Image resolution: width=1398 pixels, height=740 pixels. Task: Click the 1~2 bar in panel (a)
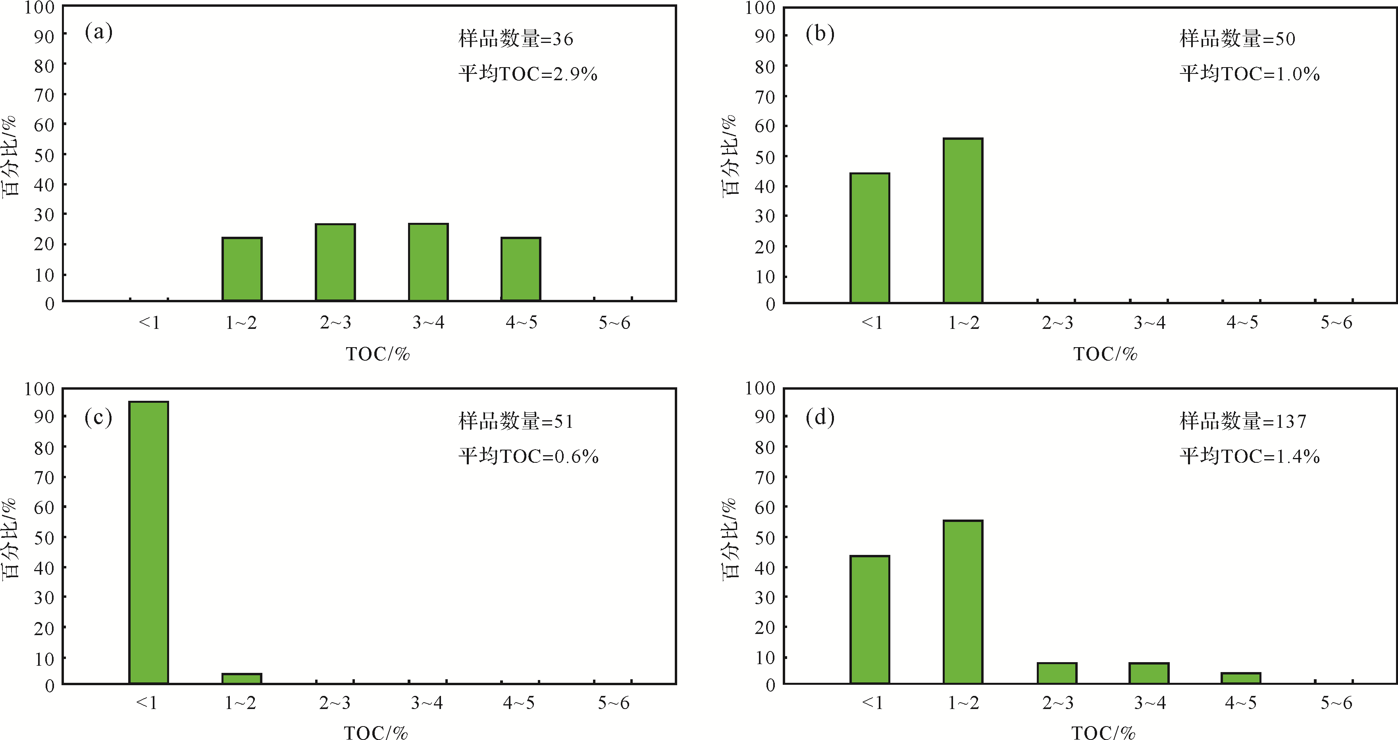[x=242, y=269]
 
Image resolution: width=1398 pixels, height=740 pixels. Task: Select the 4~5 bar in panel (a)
[x=520, y=269]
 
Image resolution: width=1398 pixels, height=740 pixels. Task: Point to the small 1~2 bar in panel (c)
[x=242, y=678]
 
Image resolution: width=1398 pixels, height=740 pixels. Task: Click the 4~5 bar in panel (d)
[x=1241, y=678]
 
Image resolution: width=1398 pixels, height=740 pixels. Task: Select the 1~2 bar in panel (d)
[x=963, y=601]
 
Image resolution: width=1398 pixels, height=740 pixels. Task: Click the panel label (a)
[x=99, y=33]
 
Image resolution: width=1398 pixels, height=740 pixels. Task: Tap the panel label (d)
[x=820, y=417]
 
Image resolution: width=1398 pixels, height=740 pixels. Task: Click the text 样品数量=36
[x=516, y=39]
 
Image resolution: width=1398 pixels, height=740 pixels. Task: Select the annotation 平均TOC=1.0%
[x=1249, y=74]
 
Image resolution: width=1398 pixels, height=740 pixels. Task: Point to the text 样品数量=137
[x=1243, y=421]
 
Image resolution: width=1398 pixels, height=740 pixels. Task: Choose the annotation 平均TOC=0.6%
[x=528, y=456]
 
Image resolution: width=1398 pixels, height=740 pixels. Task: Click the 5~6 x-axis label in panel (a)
[x=614, y=323]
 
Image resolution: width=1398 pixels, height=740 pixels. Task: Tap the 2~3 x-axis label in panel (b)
[x=1057, y=323]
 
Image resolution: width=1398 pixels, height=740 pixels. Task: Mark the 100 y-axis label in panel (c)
[x=40, y=389]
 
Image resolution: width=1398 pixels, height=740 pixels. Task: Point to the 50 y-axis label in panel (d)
[x=764, y=537]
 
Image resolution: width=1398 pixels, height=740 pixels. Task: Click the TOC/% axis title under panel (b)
[x=1105, y=354]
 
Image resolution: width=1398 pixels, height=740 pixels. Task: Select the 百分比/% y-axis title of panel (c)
[x=11, y=537]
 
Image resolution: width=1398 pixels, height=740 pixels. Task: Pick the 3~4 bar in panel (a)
[x=428, y=262]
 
